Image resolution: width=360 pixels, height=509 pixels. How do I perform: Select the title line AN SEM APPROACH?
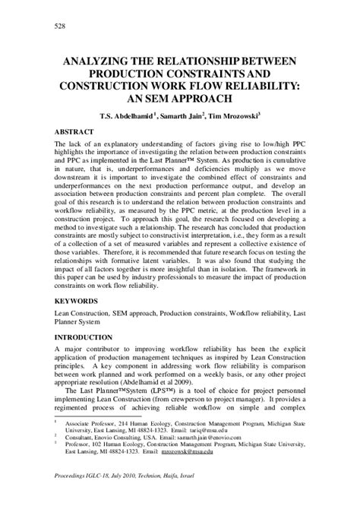[181, 100]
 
